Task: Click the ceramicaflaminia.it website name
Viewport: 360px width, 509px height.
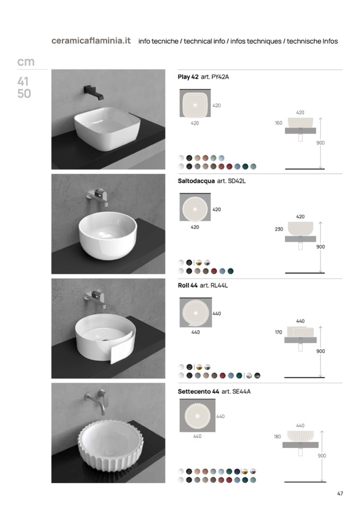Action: click(x=91, y=41)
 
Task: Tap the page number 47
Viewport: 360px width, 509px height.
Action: click(x=340, y=494)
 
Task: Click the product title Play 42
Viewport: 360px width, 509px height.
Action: click(x=188, y=77)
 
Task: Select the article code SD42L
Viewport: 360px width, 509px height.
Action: click(x=236, y=181)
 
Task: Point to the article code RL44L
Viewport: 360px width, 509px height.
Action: click(x=219, y=286)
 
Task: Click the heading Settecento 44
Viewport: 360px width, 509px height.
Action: click(x=199, y=392)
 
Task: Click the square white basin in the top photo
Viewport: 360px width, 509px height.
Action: click(x=107, y=129)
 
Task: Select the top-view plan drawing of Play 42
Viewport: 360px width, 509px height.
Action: click(x=195, y=103)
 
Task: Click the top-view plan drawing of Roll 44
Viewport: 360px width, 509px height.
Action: click(x=195, y=313)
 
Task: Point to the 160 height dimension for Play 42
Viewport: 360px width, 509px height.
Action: click(x=279, y=123)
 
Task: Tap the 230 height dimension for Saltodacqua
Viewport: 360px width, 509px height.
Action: click(x=279, y=229)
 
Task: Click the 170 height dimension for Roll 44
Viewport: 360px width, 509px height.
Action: click(x=279, y=332)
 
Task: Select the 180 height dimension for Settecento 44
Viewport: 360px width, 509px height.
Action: click(x=277, y=437)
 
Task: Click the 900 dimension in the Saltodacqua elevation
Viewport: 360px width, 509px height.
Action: click(x=320, y=247)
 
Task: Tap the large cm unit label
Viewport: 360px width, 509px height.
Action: click(x=25, y=62)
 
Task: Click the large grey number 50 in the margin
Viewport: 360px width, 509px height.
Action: click(x=24, y=94)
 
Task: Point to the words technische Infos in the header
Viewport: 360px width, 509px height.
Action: click(x=312, y=41)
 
